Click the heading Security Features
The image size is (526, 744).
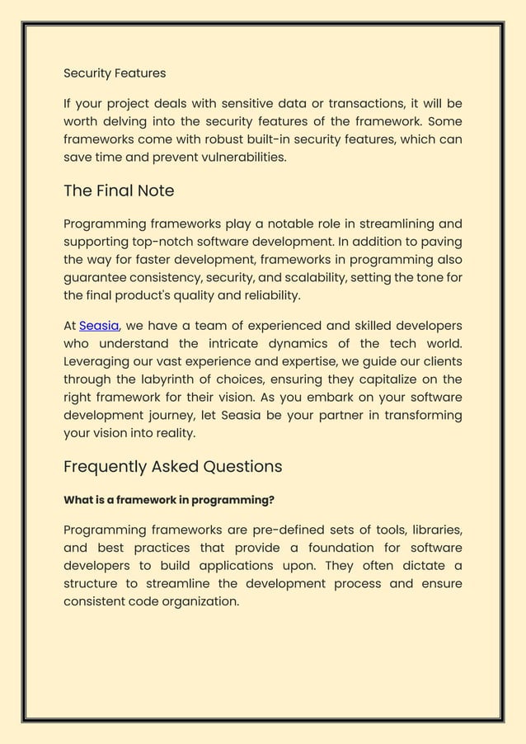click(x=115, y=73)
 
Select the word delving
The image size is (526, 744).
click(x=126, y=121)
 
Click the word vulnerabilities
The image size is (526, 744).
click(x=235, y=157)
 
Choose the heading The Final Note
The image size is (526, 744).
click(x=119, y=191)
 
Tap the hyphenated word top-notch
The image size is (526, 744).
click(x=166, y=242)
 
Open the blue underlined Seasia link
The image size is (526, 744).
click(x=99, y=326)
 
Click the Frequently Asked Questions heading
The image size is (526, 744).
click(x=172, y=467)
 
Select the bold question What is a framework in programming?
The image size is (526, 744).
click(x=169, y=500)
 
